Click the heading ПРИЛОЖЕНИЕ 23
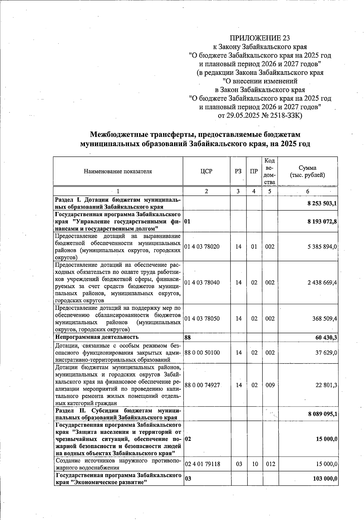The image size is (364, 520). pos(260,38)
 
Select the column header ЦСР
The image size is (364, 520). pos(206,171)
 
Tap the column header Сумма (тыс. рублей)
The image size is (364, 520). pos(307,171)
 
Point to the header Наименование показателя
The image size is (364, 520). pos(118,171)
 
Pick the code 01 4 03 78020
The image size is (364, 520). pos(202,247)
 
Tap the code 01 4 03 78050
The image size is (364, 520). pos(202,319)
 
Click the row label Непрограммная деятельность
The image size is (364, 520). pos(97,337)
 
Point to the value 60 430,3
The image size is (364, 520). pos(326,337)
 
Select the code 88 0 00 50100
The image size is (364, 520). pos(202,353)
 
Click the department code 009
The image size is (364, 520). pos(270,385)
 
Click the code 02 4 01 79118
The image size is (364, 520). pos(202,464)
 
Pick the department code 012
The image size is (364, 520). pos(270,464)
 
